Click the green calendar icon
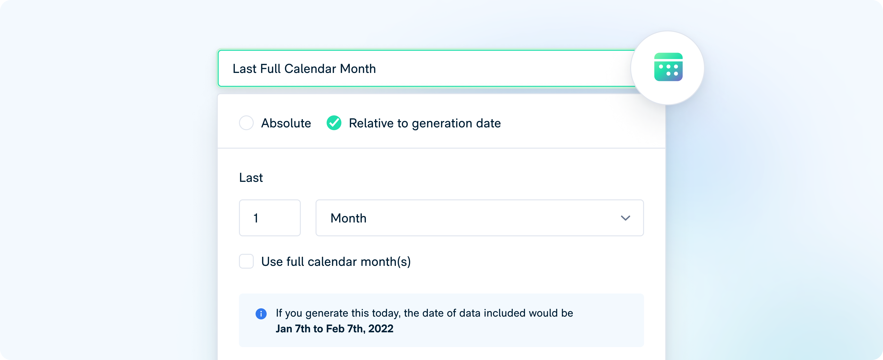[668, 67]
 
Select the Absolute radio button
[246, 123]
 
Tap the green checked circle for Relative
[334, 123]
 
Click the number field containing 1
[270, 218]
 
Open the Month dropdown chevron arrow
[625, 218]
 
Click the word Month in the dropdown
[348, 218]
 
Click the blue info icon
[261, 314]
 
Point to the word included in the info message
[503, 313]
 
